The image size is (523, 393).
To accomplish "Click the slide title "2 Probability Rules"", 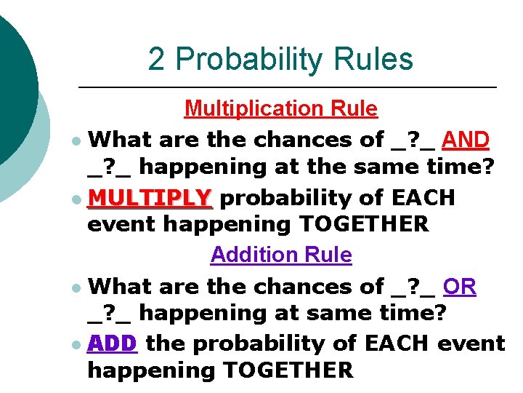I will tap(280, 59).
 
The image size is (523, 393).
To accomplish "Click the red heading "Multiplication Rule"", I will tap(281, 109).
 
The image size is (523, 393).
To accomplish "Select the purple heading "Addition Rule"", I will tap(281, 255).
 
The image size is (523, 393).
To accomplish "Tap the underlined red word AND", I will tap(466, 138).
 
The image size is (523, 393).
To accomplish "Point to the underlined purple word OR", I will tap(460, 286).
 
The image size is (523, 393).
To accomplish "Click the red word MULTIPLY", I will tap(150, 198).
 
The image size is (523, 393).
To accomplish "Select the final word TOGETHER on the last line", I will tap(288, 370).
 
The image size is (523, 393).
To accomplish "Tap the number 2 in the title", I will tap(156, 59).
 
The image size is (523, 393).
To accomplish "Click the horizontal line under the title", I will tap(287, 87).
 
